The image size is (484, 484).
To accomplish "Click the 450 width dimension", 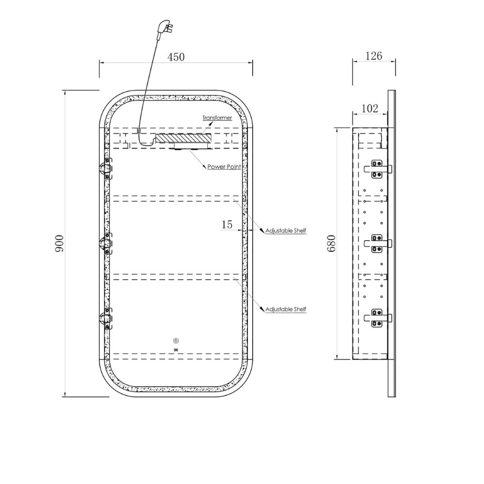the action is (x=176, y=57).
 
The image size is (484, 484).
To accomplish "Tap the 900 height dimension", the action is (x=59, y=243).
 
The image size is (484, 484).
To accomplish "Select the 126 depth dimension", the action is (x=374, y=56).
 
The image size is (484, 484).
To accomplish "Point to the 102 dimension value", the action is (x=369, y=108).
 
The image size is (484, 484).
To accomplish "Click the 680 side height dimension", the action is (x=331, y=243).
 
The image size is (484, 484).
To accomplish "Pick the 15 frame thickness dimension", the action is (x=227, y=225).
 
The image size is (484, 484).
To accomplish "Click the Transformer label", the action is (x=217, y=118).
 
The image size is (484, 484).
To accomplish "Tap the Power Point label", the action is (x=224, y=166).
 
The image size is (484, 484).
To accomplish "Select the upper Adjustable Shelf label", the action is (x=286, y=230).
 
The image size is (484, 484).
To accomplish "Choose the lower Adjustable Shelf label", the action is (x=286, y=309).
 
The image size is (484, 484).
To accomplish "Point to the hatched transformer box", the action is (x=183, y=138).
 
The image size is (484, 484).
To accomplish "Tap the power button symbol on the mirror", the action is (x=176, y=341).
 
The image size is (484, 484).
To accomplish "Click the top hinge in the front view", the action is (x=106, y=168).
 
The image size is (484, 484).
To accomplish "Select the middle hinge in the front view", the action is (x=106, y=243).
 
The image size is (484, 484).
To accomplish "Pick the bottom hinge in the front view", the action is (x=106, y=318).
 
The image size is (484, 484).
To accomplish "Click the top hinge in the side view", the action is (x=378, y=169).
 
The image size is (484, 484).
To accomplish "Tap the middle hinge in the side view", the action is (x=378, y=243).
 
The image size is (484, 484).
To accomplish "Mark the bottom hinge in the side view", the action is (x=378, y=318).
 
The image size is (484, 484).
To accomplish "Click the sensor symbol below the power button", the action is (x=176, y=350).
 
